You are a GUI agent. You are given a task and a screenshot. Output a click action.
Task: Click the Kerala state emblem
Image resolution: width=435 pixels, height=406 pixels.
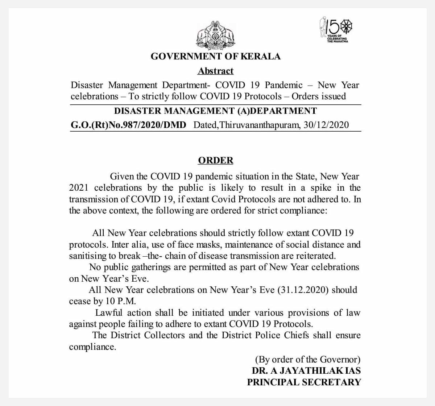click(x=216, y=35)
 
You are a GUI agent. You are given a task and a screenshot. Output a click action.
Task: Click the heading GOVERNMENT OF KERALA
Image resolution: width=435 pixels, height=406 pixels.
click(x=215, y=57)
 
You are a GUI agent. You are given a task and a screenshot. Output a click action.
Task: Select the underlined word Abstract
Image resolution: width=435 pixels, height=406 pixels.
click(x=215, y=71)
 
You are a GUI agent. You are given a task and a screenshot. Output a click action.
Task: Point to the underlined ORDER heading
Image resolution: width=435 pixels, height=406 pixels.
click(x=216, y=161)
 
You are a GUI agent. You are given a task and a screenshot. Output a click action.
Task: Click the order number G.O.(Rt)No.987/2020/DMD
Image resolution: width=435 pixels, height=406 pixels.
click(x=128, y=125)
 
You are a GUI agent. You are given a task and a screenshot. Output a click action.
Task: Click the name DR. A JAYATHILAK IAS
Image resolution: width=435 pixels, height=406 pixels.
click(x=306, y=371)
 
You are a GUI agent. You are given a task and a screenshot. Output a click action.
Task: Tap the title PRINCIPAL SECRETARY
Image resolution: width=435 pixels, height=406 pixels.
click(x=304, y=382)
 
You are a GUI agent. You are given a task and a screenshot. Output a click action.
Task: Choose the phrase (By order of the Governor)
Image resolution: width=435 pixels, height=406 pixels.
click(x=308, y=359)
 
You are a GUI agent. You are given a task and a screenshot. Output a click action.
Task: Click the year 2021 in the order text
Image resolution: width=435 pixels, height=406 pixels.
click(x=79, y=188)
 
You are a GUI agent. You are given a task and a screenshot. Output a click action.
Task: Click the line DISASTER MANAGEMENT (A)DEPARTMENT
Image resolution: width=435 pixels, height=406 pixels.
click(x=215, y=111)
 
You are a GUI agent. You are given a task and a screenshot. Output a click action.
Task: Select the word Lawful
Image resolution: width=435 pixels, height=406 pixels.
click(x=109, y=313)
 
